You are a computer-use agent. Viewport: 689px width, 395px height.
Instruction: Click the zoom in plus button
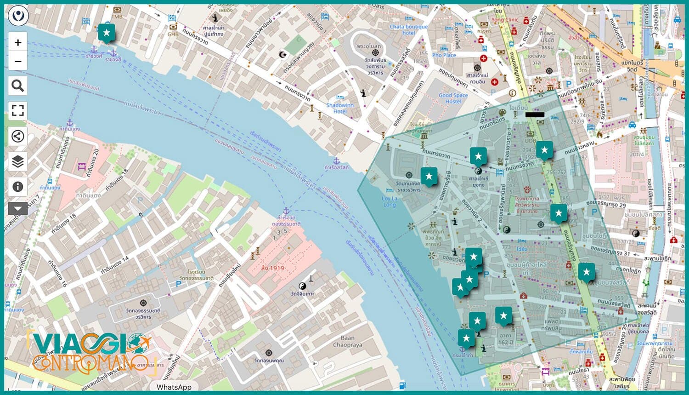[18, 43]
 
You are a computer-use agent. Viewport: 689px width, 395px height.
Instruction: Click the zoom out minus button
[18, 61]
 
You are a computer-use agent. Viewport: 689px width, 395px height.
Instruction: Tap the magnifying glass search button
[18, 86]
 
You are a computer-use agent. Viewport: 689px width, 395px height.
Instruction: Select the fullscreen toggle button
[18, 110]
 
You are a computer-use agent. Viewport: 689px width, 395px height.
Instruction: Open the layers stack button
[18, 161]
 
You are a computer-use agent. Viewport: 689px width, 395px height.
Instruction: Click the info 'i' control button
[18, 186]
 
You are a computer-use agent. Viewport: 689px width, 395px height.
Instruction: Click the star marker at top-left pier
[107, 33]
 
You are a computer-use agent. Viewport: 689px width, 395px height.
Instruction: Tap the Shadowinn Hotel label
[340, 108]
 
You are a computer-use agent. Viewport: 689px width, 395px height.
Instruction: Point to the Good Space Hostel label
[453, 98]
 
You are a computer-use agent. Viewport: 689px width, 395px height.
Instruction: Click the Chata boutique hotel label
[408, 29]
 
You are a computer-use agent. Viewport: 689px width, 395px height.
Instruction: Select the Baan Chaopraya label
[347, 341]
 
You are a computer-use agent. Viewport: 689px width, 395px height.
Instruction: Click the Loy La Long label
[389, 201]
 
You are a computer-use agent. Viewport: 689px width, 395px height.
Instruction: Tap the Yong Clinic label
[504, 20]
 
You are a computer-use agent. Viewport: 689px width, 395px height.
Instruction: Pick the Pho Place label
[444, 55]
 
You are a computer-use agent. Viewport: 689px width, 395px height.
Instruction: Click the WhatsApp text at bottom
[174, 387]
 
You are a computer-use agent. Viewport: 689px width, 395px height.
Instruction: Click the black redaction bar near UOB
[535, 114]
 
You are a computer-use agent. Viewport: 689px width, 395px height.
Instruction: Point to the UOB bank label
[530, 141]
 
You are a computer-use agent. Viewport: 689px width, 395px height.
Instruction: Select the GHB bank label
[173, 34]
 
